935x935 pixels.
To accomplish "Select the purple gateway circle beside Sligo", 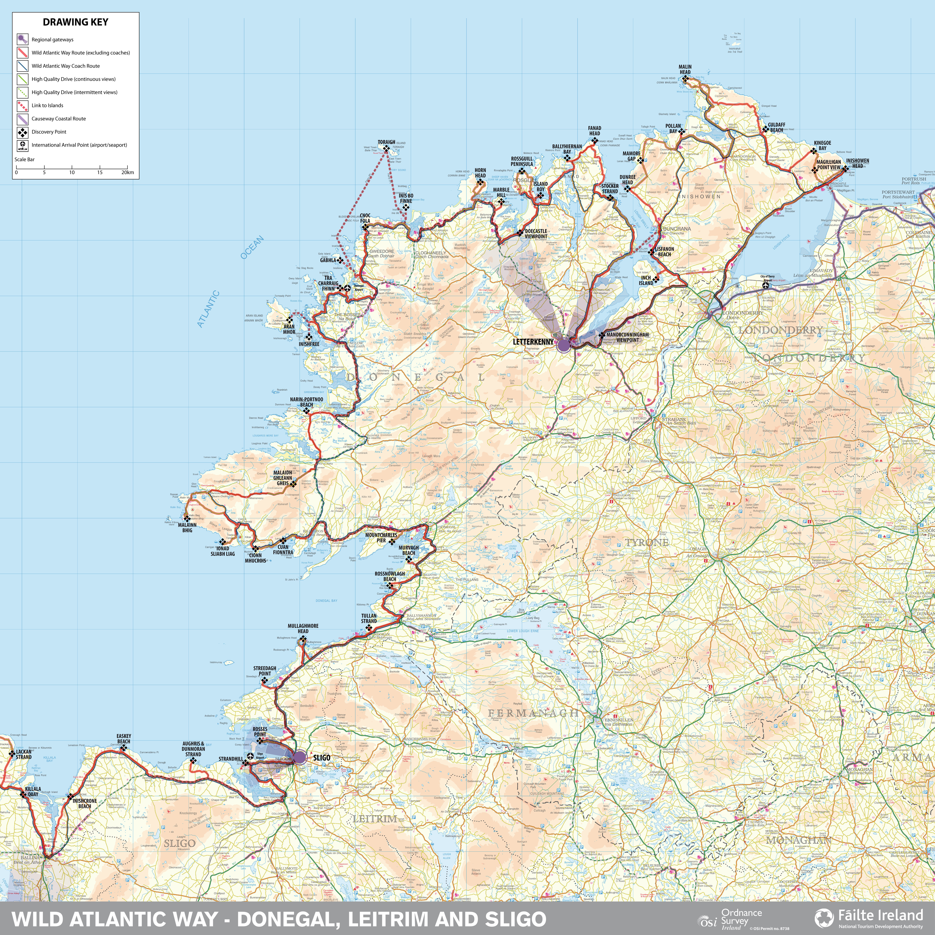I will tap(300, 757).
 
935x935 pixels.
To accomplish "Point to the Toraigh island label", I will tap(386, 142).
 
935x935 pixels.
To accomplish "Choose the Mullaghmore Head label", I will tap(303, 628).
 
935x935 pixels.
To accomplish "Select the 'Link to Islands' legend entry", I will tap(47, 105).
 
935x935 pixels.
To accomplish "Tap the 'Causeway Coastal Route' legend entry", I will tap(58, 119).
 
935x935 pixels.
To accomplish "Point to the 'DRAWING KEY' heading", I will tap(76, 22).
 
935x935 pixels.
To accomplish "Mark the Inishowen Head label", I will tap(858, 163).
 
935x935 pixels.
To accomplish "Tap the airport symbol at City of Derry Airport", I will tap(766, 286).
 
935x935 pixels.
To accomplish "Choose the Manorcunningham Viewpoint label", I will tap(627, 337).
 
